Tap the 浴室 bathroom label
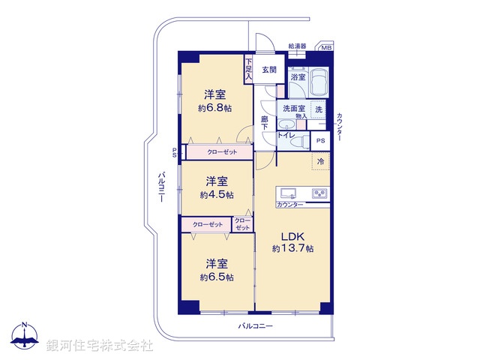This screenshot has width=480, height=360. [x=298, y=76]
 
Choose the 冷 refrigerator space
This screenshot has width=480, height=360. [x=320, y=162]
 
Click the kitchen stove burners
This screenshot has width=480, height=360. [x=319, y=193]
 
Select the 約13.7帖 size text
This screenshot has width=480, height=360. [x=292, y=248]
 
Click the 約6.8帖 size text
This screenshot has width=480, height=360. [x=215, y=108]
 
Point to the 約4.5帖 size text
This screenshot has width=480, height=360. [x=216, y=194]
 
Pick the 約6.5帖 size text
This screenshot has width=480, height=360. [x=216, y=277]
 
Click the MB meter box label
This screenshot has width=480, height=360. [x=325, y=49]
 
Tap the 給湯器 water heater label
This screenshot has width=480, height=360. [x=298, y=47]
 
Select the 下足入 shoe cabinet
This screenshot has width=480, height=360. [x=248, y=70]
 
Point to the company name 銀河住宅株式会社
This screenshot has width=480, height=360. [x=99, y=346]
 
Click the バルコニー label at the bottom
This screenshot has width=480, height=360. [x=255, y=326]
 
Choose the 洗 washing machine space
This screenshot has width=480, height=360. [x=319, y=110]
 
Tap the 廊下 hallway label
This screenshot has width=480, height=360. [x=265, y=123]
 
